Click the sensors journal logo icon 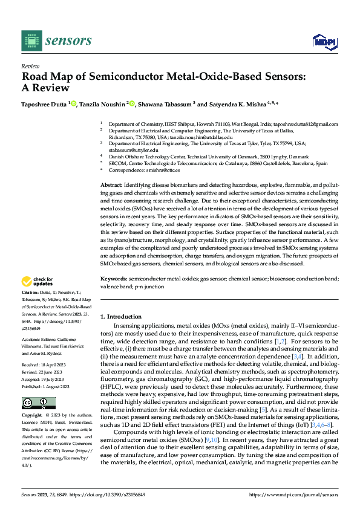pyautogui.click(x=31, y=41)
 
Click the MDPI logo pyautogui.click(x=324, y=41)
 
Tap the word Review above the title pyautogui.click(x=30, y=66)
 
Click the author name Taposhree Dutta pyautogui.click(x=44, y=104)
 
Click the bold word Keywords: pyautogui.click(x=114, y=279)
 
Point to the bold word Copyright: pyautogui.click(x=33, y=417)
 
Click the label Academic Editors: pyautogui.click(x=41, y=340)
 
